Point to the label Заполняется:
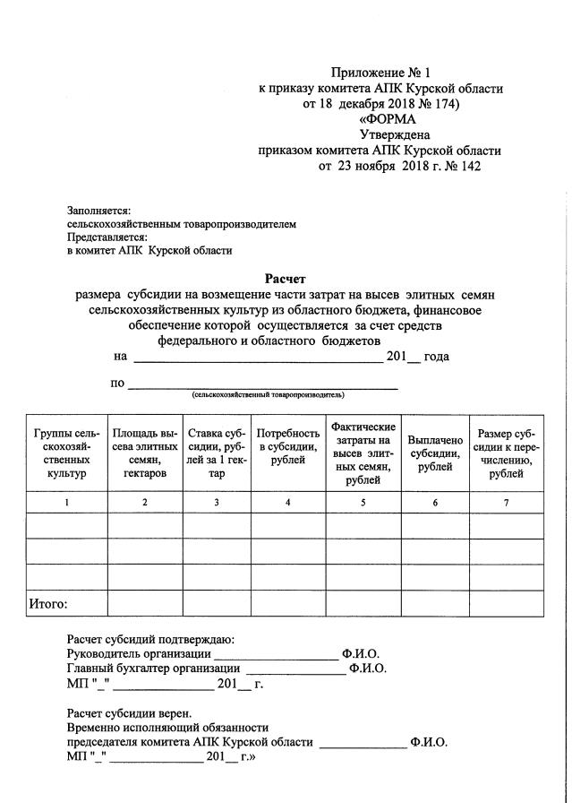click(99, 209)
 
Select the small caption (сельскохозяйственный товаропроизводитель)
click(268, 394)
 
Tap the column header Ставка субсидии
click(217, 453)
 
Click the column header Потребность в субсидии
click(287, 446)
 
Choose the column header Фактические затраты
click(363, 453)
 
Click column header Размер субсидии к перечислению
click(506, 453)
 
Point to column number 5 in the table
click(363, 503)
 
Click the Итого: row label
click(50, 603)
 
